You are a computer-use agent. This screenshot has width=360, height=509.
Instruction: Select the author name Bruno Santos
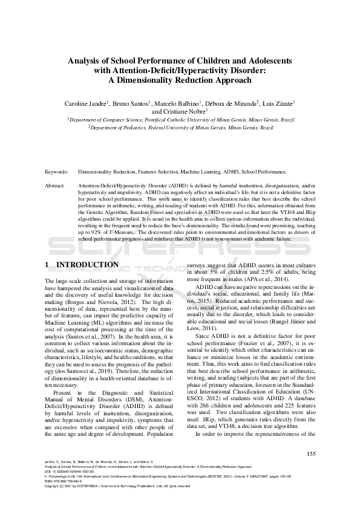[130, 104]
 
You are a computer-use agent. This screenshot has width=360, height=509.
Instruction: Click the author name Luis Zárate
[276, 104]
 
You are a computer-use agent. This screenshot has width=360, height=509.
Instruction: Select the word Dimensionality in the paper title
[160, 80]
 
